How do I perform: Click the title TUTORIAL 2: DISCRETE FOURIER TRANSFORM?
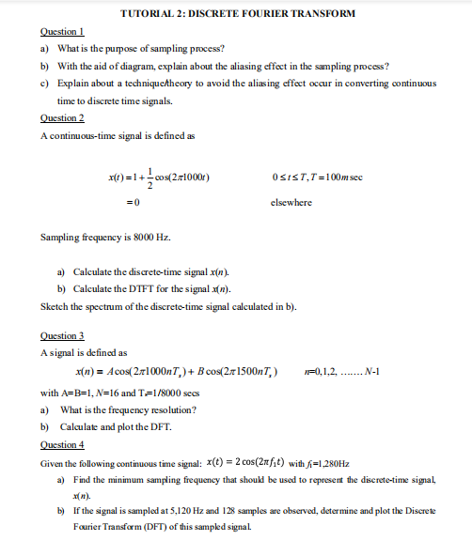click(237, 13)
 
